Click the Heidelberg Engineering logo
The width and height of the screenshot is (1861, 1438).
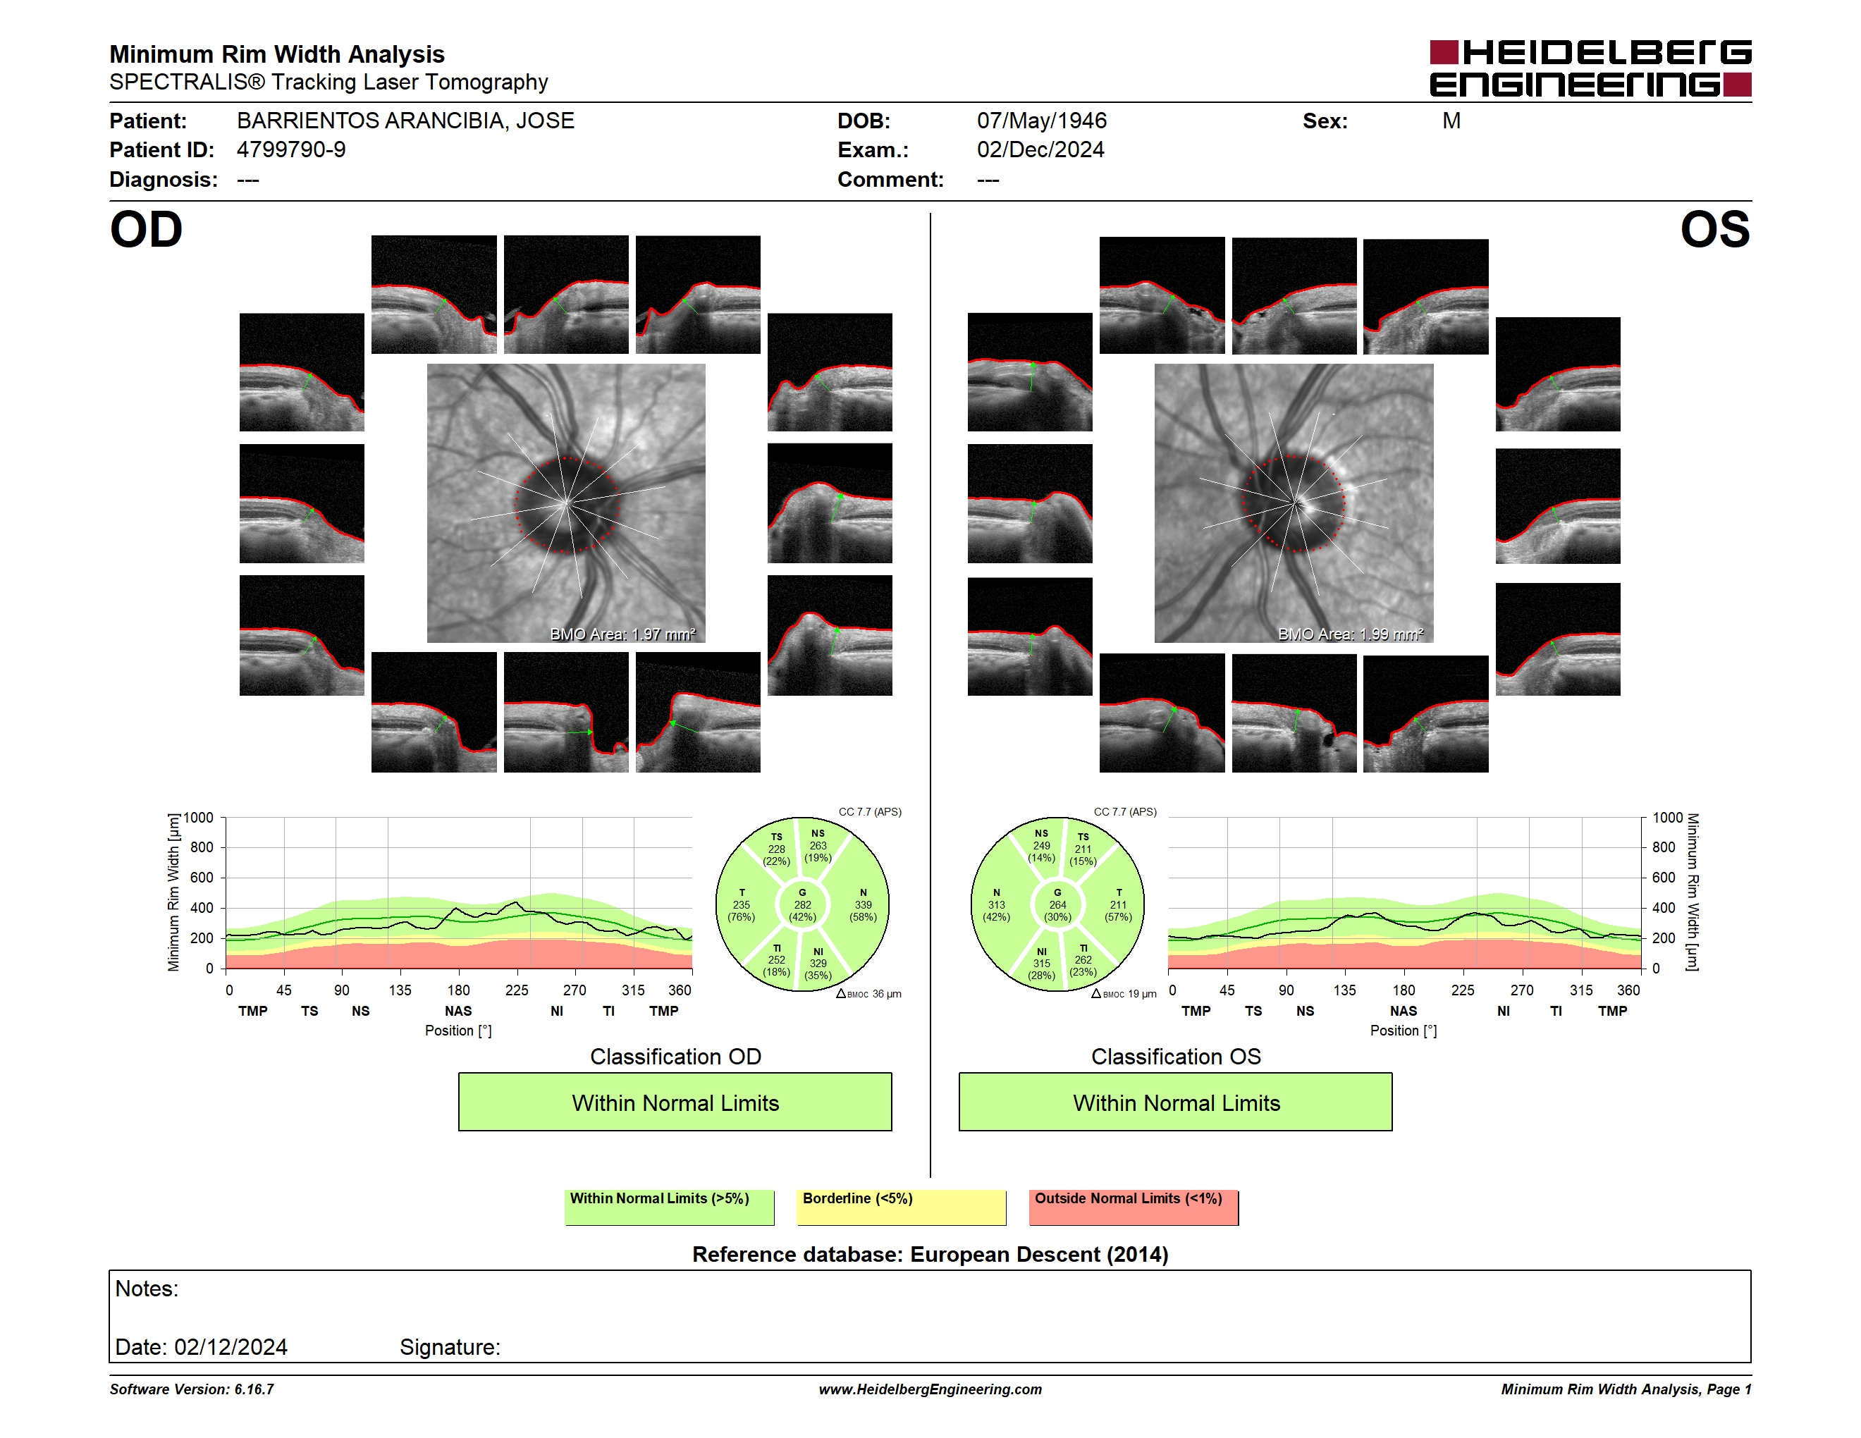(1590, 68)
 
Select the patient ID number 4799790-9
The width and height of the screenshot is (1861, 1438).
(290, 150)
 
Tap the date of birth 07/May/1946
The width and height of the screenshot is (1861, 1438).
(1041, 121)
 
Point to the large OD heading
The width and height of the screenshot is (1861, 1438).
(146, 230)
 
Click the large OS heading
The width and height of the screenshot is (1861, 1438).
(1714, 230)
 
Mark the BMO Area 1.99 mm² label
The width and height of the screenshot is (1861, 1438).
(1350, 634)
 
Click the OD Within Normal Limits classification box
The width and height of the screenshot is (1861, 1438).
(675, 1102)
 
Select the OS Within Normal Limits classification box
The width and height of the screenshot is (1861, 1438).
(1175, 1102)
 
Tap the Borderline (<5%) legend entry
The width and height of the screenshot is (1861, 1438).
(901, 1207)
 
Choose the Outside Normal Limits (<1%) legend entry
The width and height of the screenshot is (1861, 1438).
(1134, 1207)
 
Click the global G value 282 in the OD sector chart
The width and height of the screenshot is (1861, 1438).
(801, 904)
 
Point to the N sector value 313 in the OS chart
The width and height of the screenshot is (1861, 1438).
(996, 904)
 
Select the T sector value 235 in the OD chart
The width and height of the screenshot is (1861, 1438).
(742, 904)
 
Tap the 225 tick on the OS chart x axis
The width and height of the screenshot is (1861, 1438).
(1462, 990)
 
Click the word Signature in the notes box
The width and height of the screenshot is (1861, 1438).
(449, 1347)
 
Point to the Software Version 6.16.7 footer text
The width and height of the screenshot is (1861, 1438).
(192, 1389)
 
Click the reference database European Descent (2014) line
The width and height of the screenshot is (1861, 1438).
(930, 1254)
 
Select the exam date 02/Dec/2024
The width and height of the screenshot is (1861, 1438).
(1040, 150)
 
